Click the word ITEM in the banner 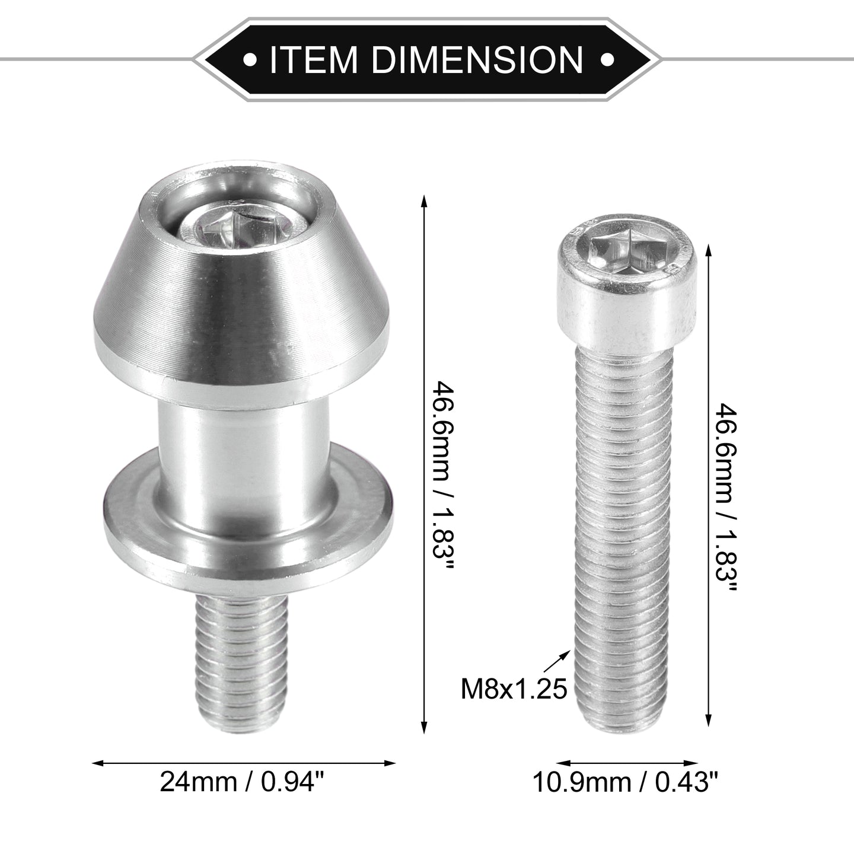point(313,59)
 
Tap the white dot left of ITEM point(251,59)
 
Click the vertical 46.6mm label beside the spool point(443,474)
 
